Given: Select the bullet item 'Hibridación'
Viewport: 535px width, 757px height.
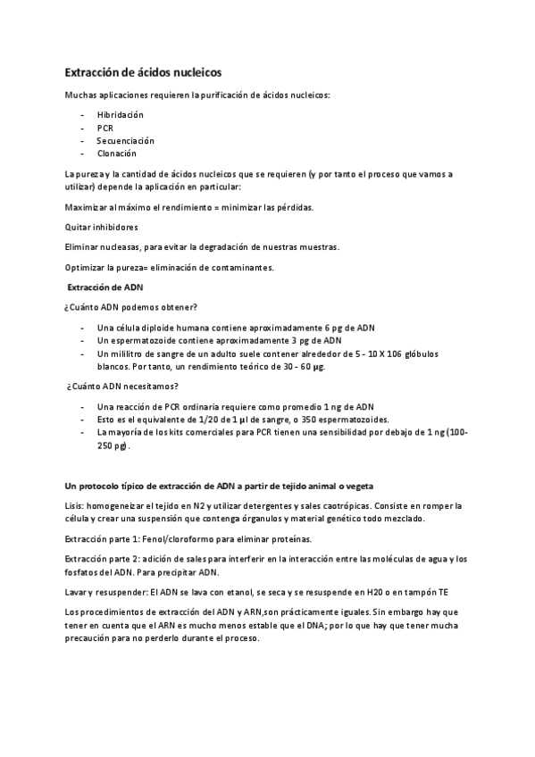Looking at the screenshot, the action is point(120,115).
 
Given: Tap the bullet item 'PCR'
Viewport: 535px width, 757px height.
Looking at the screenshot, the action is point(105,128).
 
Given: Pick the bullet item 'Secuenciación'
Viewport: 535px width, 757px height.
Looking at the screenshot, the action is point(125,141).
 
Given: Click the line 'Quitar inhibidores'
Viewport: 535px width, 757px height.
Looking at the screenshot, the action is point(102,227).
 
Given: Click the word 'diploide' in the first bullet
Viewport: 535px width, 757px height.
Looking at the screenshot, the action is point(159,327).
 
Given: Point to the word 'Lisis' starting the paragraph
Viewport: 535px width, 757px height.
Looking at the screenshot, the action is point(76,505).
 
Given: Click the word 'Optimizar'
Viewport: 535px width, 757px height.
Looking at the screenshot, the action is point(87,267).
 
